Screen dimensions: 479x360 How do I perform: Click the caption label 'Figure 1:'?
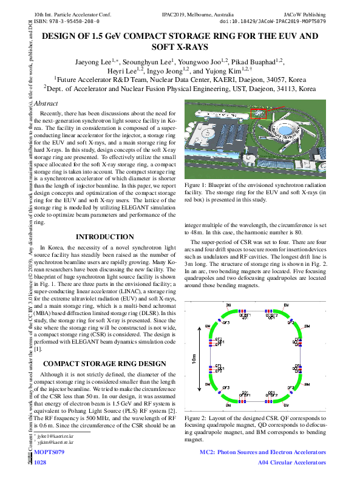(x=199, y=184)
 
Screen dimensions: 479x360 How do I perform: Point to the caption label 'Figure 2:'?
(x=199, y=419)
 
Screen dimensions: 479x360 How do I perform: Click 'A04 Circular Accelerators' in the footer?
(x=289, y=463)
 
